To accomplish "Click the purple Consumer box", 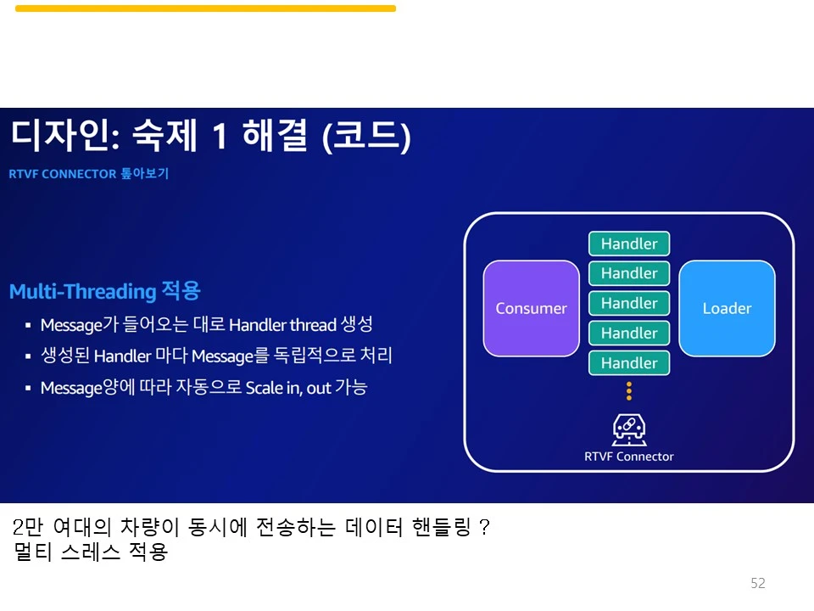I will (531, 308).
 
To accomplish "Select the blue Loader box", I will (727, 308).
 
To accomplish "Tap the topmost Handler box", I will (629, 244).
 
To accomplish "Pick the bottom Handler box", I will (629, 363).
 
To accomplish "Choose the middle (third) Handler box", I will (629, 303).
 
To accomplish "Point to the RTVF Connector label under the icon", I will (629, 457).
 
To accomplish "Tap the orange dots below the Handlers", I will (629, 390).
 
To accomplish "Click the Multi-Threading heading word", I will (82, 292).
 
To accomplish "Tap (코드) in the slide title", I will (366, 137).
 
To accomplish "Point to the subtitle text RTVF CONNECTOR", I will (63, 174).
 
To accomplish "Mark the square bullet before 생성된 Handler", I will (28, 356).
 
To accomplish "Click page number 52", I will (758, 583).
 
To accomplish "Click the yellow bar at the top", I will (205, 8).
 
